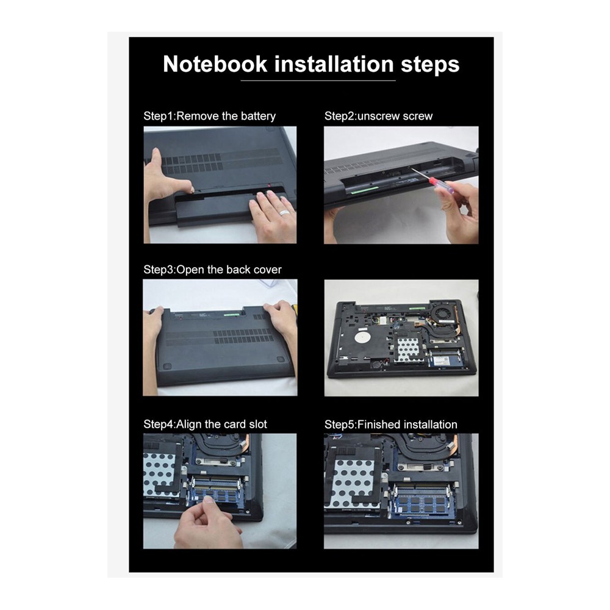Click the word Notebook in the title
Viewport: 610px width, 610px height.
[215, 64]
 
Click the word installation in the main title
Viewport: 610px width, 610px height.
[334, 64]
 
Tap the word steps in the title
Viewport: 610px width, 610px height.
[430, 65]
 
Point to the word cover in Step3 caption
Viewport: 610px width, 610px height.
[268, 270]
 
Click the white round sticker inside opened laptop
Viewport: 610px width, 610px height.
[362, 337]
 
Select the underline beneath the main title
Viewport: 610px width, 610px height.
[318, 81]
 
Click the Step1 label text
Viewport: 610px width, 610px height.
[159, 117]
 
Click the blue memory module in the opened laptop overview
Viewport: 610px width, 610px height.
[447, 361]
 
